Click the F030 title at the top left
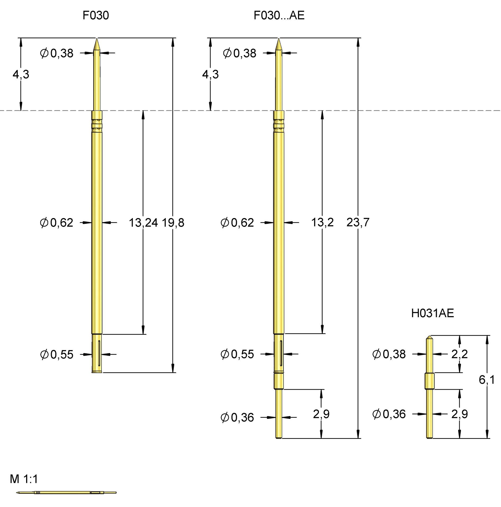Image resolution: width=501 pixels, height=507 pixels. click(x=96, y=16)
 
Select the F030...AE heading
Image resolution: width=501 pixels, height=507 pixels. click(x=279, y=16)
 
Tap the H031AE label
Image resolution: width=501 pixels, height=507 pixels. click(x=433, y=313)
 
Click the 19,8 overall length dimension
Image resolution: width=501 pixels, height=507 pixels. click(x=173, y=223)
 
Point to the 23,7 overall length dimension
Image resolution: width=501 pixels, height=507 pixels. click(x=358, y=223)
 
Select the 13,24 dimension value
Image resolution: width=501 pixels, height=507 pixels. click(x=143, y=223)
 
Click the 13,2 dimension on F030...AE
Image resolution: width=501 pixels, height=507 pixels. click(x=322, y=223)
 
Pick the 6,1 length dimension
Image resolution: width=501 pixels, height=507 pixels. click(x=487, y=380)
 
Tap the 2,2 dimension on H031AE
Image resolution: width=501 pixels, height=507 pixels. click(x=460, y=354)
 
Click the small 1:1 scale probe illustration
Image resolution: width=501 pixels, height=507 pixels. click(x=66, y=492)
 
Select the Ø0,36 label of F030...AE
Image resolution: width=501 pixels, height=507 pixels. click(x=237, y=417)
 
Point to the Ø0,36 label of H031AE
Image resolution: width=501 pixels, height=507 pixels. click(x=389, y=414)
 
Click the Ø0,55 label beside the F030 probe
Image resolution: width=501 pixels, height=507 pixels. click(x=57, y=355)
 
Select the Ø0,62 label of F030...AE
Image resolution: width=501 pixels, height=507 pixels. click(x=237, y=223)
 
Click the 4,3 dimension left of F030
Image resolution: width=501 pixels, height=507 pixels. click(x=21, y=75)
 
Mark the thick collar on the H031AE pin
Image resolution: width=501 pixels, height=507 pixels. click(x=429, y=381)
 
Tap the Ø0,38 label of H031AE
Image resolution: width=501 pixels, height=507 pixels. click(x=389, y=354)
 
